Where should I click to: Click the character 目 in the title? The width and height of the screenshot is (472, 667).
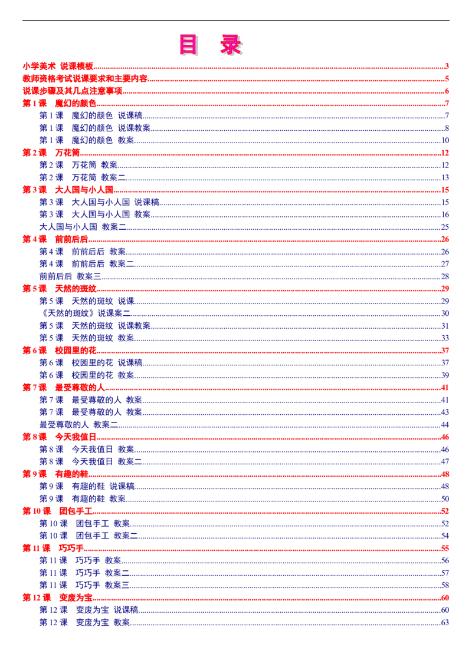(x=188, y=45)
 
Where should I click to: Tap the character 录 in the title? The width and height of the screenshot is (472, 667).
(x=231, y=45)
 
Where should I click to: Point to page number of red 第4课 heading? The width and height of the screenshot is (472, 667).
(x=445, y=239)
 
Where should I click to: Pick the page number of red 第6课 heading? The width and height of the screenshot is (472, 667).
(x=445, y=350)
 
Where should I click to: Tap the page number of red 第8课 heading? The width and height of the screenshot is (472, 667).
(x=445, y=437)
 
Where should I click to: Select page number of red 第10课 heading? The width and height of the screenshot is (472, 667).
(x=445, y=510)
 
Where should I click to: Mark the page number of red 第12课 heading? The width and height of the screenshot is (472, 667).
(x=445, y=597)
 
